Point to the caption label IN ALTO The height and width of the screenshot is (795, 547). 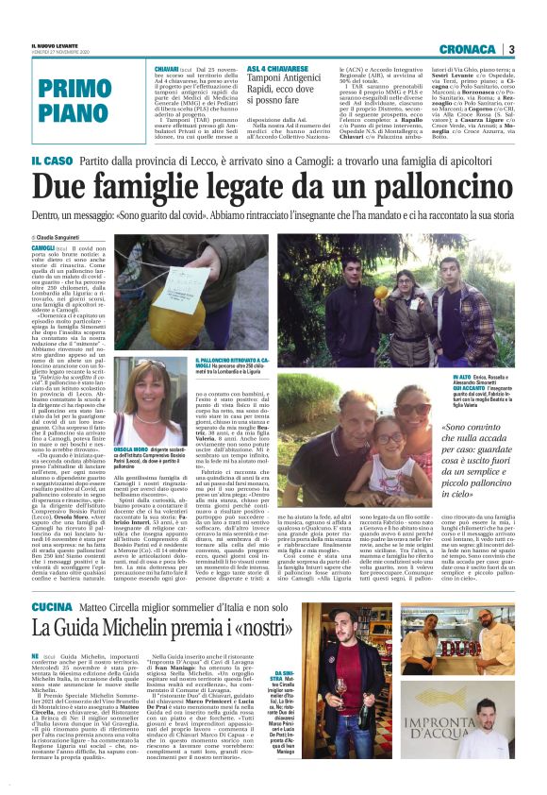[461, 376]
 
